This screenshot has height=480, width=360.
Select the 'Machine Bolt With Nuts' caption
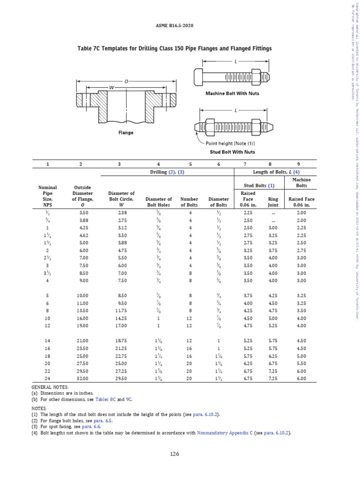[x=232, y=93]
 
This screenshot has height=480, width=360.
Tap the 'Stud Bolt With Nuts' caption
[x=232, y=152]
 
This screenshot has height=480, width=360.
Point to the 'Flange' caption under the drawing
[x=125, y=133]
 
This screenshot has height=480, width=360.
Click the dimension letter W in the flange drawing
[x=112, y=87]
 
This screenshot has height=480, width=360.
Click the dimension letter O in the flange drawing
[x=126, y=81]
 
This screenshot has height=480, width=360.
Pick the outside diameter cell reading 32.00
[x=81, y=378]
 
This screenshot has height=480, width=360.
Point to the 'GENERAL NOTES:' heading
[x=50, y=387]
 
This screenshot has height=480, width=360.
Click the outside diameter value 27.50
[x=81, y=363]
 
